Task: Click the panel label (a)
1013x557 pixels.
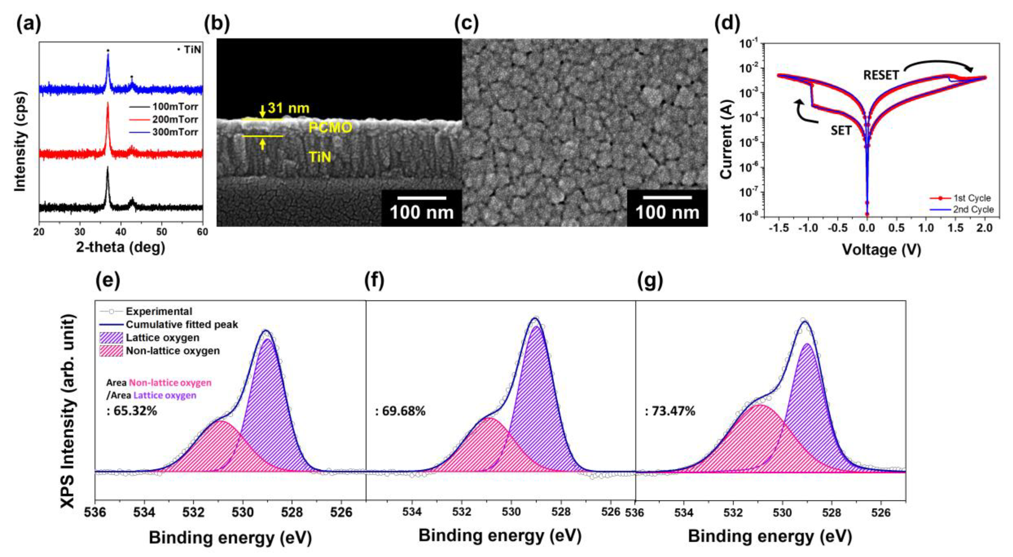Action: coord(28,24)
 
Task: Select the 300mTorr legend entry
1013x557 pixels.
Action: coord(174,132)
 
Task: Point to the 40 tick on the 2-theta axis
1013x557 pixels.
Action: coord(121,231)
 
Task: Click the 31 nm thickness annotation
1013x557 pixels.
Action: coord(288,108)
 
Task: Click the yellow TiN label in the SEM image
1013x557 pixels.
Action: coord(320,158)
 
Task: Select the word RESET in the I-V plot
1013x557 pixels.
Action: coord(881,75)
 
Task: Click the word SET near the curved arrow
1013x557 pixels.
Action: coord(841,130)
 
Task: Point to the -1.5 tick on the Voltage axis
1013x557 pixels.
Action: coord(779,228)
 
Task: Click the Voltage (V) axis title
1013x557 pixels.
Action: coord(881,249)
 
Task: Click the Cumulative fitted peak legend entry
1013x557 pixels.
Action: coord(181,324)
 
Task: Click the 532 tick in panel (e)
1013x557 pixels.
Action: coord(193,512)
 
